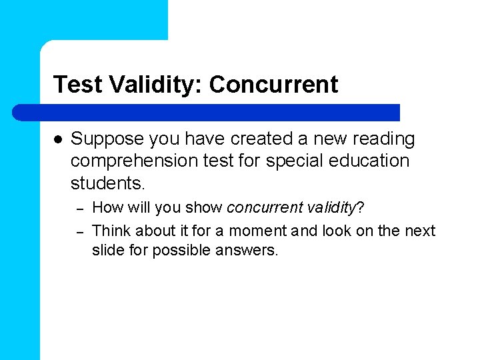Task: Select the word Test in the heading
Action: point(75,85)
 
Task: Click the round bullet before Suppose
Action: point(57,139)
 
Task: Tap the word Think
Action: point(111,231)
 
